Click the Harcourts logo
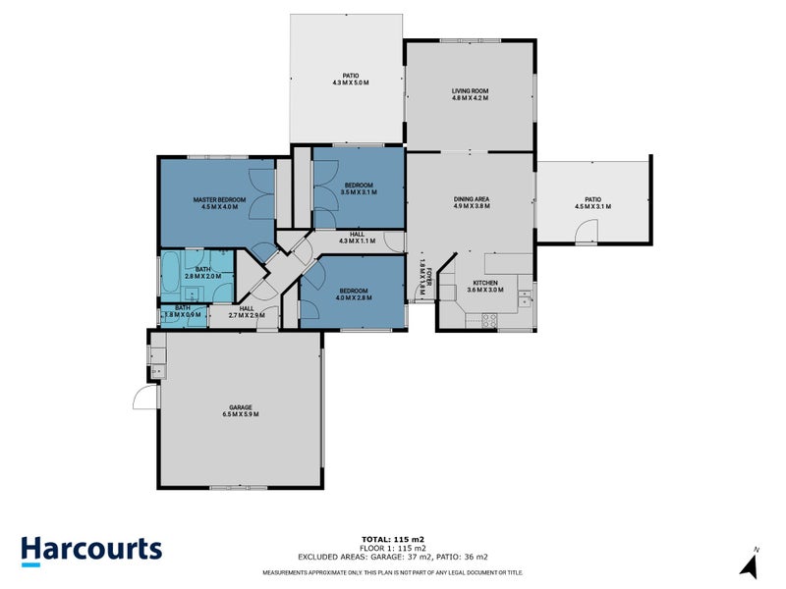pyautogui.click(x=91, y=550)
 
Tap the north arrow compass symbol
pyautogui.click(x=749, y=563)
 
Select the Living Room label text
pyautogui.click(x=470, y=90)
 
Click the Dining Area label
pyautogui.click(x=471, y=199)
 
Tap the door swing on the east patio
pyautogui.click(x=586, y=232)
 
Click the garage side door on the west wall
pyautogui.click(x=143, y=399)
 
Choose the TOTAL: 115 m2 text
pyautogui.click(x=392, y=540)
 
